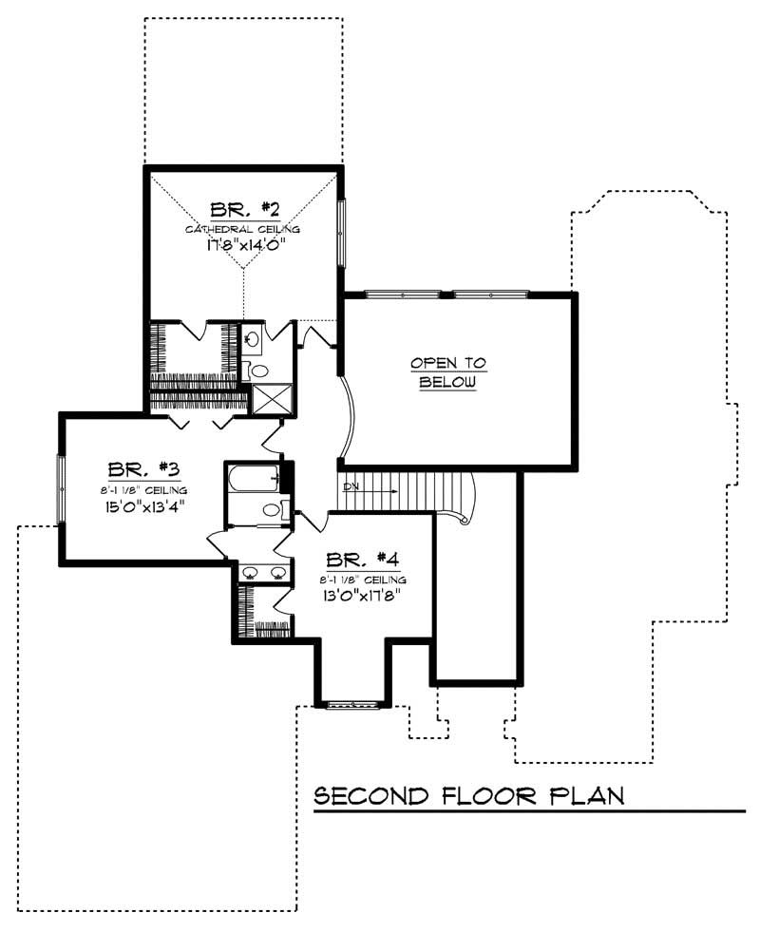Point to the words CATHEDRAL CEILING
pos(242,229)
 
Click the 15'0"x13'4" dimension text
pos(144,505)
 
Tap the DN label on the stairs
pos(351,488)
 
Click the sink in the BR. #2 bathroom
pos(252,337)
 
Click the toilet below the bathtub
pos(270,510)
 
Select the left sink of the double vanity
pos(250,571)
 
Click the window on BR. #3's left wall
pos(61,488)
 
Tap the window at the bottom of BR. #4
pos(351,704)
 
